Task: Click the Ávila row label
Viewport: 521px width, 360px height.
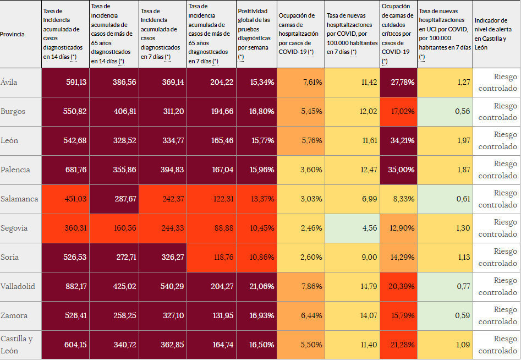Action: tap(9, 82)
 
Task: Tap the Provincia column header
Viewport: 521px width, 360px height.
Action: tap(12, 34)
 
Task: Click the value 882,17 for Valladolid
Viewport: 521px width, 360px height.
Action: tap(75, 286)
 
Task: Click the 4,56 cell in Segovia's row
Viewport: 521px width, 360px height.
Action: tap(369, 228)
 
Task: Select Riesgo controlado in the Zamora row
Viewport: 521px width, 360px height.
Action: tap(497, 315)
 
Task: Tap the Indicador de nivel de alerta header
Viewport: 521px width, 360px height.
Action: tap(495, 34)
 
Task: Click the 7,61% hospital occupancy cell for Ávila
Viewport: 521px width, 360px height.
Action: tap(312, 82)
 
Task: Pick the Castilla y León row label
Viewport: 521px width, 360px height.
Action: tap(17, 345)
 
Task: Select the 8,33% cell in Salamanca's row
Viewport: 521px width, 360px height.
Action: tap(404, 199)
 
